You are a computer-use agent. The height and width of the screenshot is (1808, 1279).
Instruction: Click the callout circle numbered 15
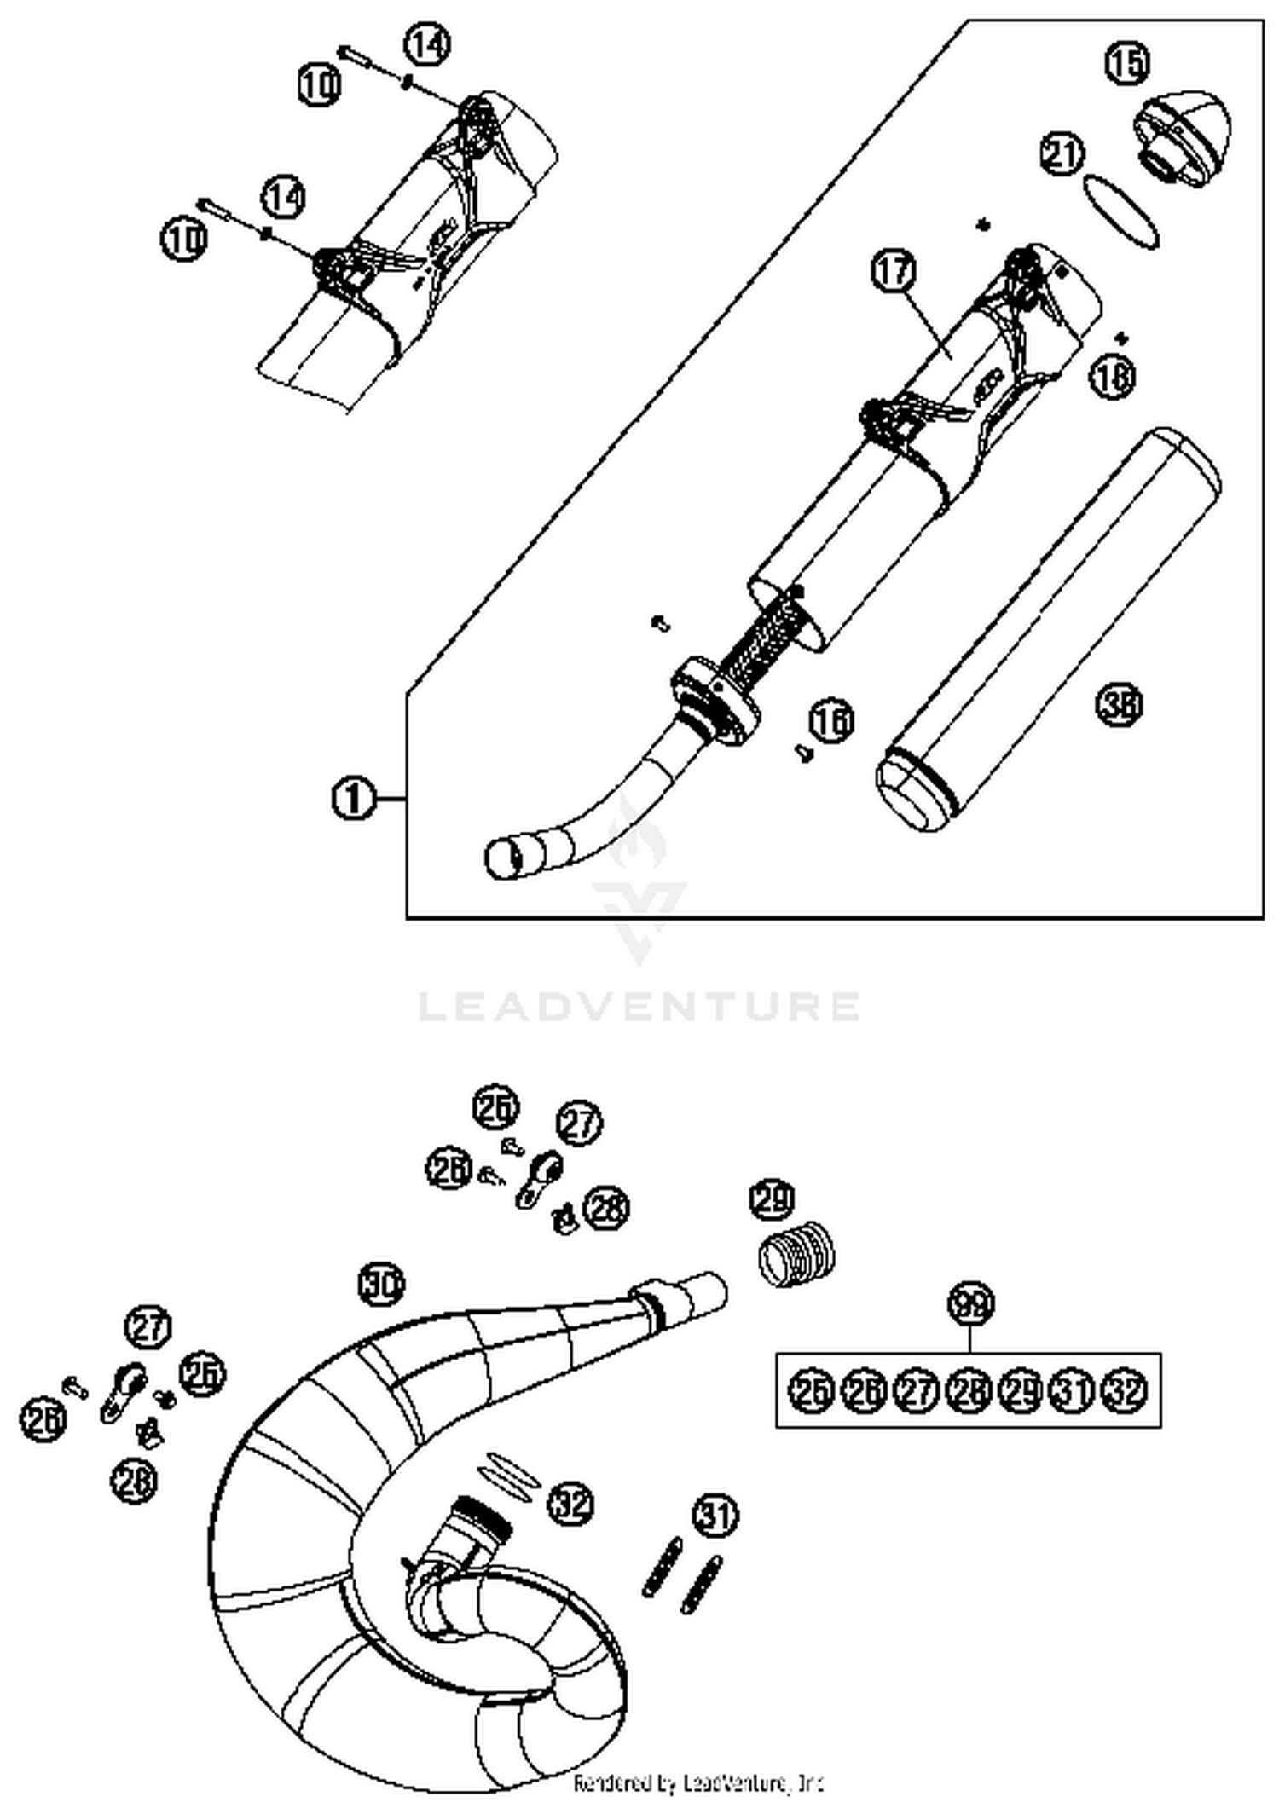[x=1126, y=63]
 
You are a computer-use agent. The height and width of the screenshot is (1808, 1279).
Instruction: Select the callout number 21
[x=1062, y=154]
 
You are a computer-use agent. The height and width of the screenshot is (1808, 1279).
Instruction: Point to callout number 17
[x=893, y=271]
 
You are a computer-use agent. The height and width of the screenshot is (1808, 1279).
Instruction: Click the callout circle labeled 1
[x=352, y=799]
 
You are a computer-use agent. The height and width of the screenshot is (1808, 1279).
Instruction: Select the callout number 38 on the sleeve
[x=1119, y=705]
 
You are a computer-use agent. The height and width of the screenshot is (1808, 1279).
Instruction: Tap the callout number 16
[x=830, y=720]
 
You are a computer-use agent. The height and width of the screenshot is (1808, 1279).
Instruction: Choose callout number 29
[x=772, y=1199]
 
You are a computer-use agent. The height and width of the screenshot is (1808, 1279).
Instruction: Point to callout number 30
[x=380, y=1284]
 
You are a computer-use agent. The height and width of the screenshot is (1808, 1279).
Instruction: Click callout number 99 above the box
[x=971, y=1304]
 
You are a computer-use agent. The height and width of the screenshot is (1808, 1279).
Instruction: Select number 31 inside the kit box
[x=1072, y=1391]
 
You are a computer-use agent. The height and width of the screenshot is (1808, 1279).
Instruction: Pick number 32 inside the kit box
[x=1125, y=1391]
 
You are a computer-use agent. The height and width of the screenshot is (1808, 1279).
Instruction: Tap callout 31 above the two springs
[x=715, y=1515]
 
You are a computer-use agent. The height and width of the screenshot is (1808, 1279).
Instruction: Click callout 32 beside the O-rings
[x=570, y=1503]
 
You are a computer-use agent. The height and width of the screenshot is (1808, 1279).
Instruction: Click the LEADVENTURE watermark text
[x=639, y=1006]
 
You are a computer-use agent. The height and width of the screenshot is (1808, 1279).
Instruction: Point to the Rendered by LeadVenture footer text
[x=697, y=1782]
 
